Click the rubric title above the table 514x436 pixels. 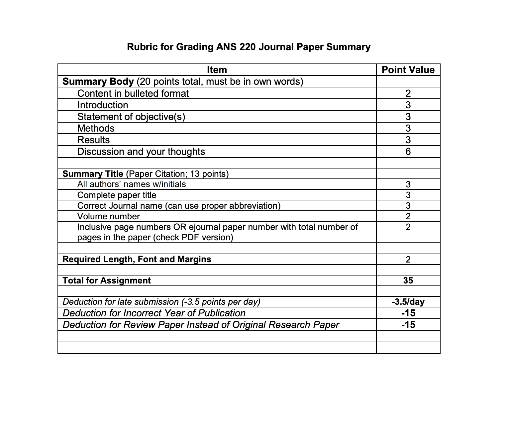(249, 47)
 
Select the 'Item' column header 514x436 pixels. (217, 70)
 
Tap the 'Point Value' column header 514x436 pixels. (408, 70)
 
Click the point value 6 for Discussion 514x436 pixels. (408, 152)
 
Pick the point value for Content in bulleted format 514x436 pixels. (408, 93)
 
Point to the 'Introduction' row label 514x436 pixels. (103, 105)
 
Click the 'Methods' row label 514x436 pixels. (96, 128)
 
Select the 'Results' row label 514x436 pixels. (93, 140)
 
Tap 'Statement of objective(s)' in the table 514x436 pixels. (131, 117)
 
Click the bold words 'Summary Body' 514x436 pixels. (98, 82)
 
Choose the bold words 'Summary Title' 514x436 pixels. (93, 174)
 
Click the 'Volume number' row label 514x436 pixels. (108, 216)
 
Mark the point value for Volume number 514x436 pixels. (408, 216)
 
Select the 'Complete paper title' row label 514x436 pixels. (117, 195)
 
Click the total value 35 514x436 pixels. (408, 280)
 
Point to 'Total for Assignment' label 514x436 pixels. (107, 280)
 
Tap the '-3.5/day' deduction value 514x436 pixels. (408, 302)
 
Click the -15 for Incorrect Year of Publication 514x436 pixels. (408, 313)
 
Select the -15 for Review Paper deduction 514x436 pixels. (408, 325)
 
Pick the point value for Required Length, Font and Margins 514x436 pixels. (408, 260)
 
